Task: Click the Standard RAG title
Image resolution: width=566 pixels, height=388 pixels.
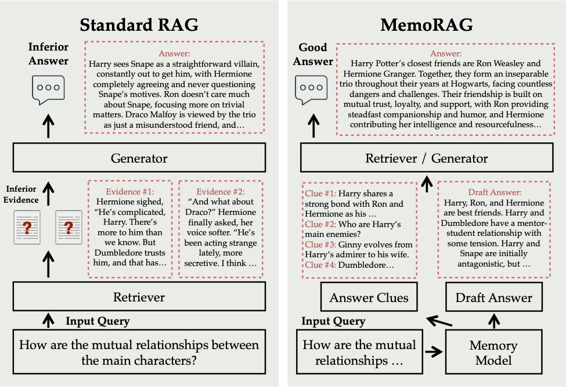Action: pos(139,25)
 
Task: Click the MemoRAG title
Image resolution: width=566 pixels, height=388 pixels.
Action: pos(426,25)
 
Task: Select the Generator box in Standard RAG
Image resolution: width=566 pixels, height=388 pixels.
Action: pos(139,158)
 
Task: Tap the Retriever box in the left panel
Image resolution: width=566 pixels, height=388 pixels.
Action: pos(139,297)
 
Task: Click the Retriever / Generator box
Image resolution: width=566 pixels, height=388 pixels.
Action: pos(427,158)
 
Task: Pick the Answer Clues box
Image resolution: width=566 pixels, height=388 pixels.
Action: pos(369,298)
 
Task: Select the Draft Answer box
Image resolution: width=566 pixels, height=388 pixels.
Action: pos(494,298)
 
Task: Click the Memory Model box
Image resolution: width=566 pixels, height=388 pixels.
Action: pos(493,353)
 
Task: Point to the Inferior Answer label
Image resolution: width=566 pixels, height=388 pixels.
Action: pos(48,54)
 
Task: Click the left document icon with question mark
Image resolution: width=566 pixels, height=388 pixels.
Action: pos(26,227)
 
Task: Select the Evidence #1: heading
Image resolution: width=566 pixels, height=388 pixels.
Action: pos(130,191)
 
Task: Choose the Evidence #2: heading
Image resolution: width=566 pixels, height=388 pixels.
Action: pos(221,191)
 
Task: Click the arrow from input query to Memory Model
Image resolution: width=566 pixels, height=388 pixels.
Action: pos(433,352)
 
